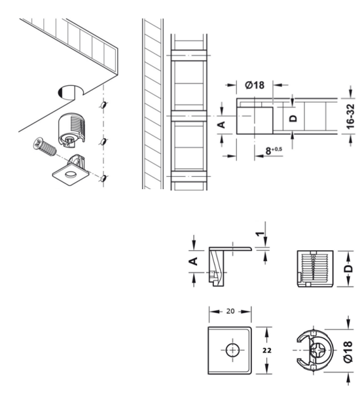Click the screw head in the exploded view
click(39, 143)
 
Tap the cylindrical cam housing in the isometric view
click(71, 129)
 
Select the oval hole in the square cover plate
click(71, 174)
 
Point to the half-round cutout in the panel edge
click(70, 93)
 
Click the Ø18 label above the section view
click(255, 85)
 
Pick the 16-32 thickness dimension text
click(350, 117)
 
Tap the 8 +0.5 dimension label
click(274, 151)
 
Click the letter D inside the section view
click(293, 118)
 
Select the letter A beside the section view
click(221, 124)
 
